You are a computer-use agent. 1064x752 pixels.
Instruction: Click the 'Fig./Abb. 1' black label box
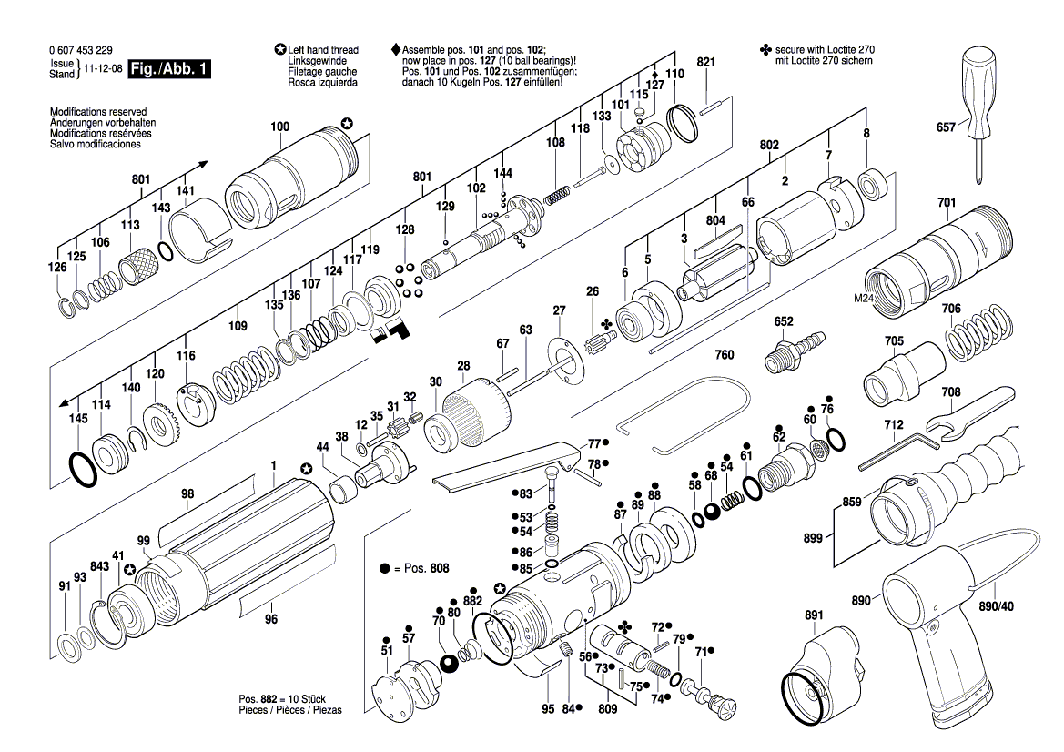(x=169, y=69)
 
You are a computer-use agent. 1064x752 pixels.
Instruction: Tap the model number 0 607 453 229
(x=81, y=50)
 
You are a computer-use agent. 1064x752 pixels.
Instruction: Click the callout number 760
(x=724, y=354)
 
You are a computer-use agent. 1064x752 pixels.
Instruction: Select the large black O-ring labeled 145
(x=84, y=468)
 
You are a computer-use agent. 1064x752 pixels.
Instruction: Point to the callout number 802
(x=769, y=145)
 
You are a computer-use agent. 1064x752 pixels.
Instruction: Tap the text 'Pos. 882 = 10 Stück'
(x=282, y=698)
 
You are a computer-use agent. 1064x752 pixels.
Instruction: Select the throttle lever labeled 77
(x=510, y=464)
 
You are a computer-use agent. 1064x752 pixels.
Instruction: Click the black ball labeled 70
(x=448, y=663)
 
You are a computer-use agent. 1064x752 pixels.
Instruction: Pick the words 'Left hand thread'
(x=323, y=50)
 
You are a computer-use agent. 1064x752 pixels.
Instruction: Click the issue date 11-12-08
(x=101, y=69)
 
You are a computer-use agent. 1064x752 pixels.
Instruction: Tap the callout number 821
(x=706, y=62)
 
